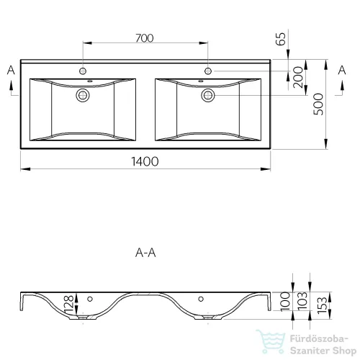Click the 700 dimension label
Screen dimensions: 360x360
pos(145,38)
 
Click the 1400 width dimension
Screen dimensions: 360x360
pos(145,161)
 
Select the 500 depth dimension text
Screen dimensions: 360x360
pos(318,104)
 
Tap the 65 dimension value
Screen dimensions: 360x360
pos(281,39)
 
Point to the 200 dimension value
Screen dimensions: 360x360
pos(298,77)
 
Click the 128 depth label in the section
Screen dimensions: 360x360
pos(69,304)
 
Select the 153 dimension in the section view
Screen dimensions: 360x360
pos(322,305)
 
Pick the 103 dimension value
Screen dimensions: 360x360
pos(302,300)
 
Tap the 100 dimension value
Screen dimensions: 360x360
pos(285,301)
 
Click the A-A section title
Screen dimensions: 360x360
pos(145,253)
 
